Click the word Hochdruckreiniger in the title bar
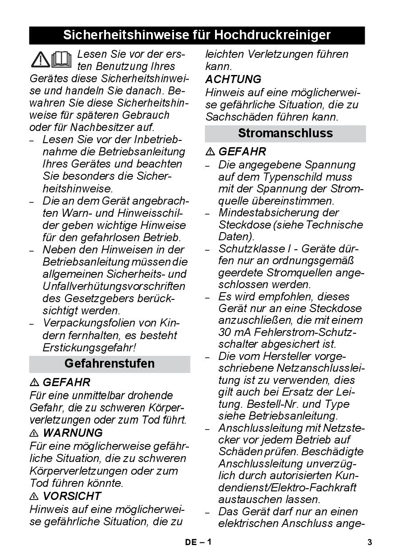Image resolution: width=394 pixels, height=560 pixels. tap(272, 35)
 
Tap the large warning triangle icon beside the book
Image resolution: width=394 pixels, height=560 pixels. tap(40, 59)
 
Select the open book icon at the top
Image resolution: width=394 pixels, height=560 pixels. tap(61, 59)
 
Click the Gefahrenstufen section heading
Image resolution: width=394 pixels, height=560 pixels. tap(110, 364)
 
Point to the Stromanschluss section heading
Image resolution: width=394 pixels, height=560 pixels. tap(285, 133)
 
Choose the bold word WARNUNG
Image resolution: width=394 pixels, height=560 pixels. tap(73, 433)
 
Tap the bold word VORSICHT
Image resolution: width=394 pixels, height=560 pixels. tap(72, 496)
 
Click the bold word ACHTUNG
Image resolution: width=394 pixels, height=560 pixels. tap(233, 79)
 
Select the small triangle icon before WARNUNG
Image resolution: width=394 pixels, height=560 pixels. tap(34, 434)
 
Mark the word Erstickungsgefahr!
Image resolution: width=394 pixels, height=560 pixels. tap(90, 348)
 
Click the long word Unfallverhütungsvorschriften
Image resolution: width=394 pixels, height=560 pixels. tap(114, 286)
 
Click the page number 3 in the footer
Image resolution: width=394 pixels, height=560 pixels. tap(370, 542)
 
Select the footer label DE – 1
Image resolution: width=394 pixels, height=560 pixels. tap(198, 542)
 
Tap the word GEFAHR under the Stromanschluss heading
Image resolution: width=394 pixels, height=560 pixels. tap(242, 152)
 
